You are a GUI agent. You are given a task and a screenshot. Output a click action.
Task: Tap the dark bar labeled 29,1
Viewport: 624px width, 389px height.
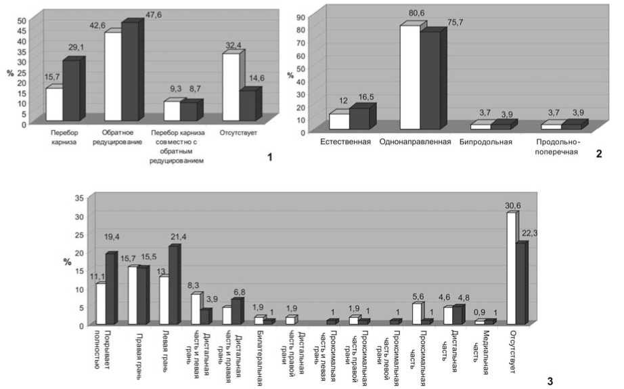[x=71, y=90]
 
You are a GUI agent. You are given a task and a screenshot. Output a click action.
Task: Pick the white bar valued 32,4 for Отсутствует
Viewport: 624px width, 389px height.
[x=231, y=87]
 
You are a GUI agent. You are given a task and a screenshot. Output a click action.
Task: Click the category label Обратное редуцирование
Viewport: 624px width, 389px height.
[x=122, y=137]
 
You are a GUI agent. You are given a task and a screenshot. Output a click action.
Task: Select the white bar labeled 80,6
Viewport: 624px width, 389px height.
[x=409, y=77]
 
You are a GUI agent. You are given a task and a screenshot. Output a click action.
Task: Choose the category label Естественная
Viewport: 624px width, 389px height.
[x=346, y=142]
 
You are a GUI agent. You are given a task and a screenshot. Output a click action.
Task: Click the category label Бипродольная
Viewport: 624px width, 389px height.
[x=485, y=142]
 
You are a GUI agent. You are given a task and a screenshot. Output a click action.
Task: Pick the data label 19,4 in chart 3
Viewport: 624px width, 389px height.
[x=112, y=238]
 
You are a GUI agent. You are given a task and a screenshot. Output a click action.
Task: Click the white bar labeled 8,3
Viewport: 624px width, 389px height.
[x=196, y=308]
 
